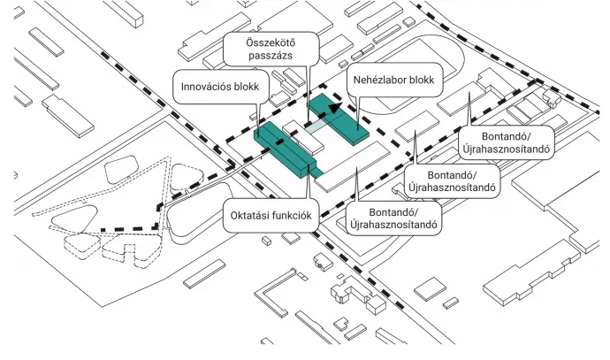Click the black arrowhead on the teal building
coord(333,107)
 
